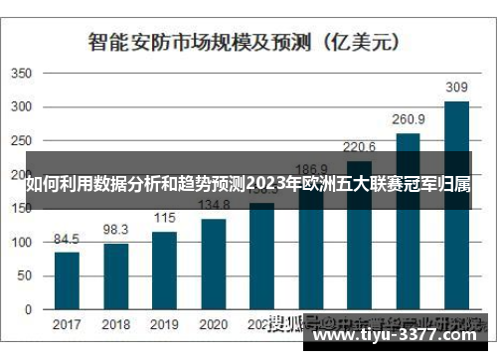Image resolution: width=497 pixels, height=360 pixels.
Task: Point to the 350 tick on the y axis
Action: pyautogui.click(x=22, y=74)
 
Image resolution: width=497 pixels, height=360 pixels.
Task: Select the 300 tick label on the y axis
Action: pyautogui.click(x=22, y=107)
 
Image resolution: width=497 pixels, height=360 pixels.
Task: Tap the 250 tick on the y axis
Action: pyautogui.click(x=22, y=141)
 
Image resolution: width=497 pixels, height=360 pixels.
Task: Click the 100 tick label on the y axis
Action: pyautogui.click(x=22, y=243)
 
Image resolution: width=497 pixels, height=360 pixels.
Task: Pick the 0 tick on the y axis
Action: pyautogui.click(x=29, y=310)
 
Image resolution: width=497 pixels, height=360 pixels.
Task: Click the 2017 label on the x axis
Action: pyautogui.click(x=67, y=325)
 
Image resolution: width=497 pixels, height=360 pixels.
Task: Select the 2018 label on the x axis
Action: pyautogui.click(x=115, y=325)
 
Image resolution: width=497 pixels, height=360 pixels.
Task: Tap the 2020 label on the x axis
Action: pyautogui.click(x=213, y=325)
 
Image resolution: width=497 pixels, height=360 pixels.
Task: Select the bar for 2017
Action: pyautogui.click(x=67, y=280)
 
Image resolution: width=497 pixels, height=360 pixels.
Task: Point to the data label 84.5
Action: pyautogui.click(x=67, y=240)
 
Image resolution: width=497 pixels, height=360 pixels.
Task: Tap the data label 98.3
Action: pyautogui.click(x=115, y=231)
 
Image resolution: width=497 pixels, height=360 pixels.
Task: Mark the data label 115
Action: pyautogui.click(x=164, y=219)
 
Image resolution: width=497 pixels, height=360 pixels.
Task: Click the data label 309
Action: pyautogui.click(x=456, y=88)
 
